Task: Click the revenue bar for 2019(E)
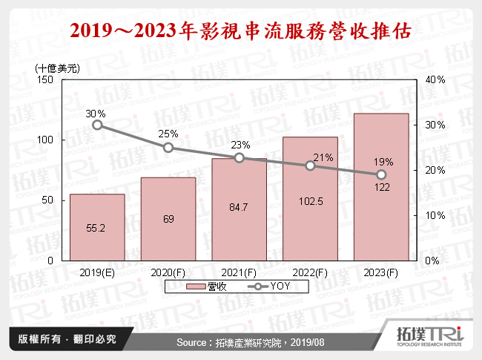coord(97,227)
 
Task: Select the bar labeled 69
coord(168,219)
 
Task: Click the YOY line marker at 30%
coord(97,125)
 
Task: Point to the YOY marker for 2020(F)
coord(168,148)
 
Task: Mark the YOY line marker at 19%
coord(381,174)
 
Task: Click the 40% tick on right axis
coord(435,79)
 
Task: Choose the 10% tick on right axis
coord(435,216)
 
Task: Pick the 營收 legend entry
coord(208,287)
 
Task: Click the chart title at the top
coord(240,32)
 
